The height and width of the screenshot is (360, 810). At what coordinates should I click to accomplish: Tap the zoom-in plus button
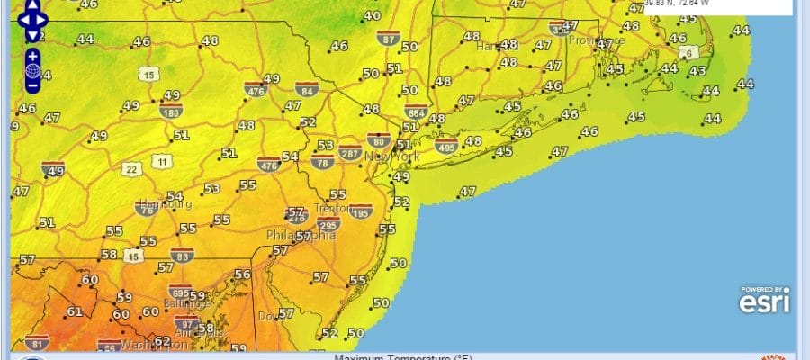click(32, 55)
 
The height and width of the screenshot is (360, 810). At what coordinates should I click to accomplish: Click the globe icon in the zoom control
click(32, 70)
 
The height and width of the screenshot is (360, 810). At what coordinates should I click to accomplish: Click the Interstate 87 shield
click(387, 40)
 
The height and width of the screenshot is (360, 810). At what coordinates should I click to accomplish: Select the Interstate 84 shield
click(306, 89)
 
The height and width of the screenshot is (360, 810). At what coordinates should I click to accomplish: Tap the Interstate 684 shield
click(415, 112)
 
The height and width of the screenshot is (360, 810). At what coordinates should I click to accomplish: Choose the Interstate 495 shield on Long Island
click(445, 146)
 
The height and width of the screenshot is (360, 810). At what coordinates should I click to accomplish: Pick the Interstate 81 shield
click(37, 343)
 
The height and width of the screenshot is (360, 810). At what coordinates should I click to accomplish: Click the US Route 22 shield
click(133, 169)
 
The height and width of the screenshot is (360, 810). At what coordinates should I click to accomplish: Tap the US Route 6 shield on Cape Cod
click(690, 54)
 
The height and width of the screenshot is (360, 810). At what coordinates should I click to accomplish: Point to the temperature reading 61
click(74, 311)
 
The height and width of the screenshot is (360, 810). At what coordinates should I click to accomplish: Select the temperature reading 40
click(372, 16)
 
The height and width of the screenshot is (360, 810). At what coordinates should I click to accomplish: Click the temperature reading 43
click(697, 71)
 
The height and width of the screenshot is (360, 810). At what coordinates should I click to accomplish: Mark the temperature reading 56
click(241, 274)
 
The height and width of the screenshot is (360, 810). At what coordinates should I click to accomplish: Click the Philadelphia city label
click(301, 235)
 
